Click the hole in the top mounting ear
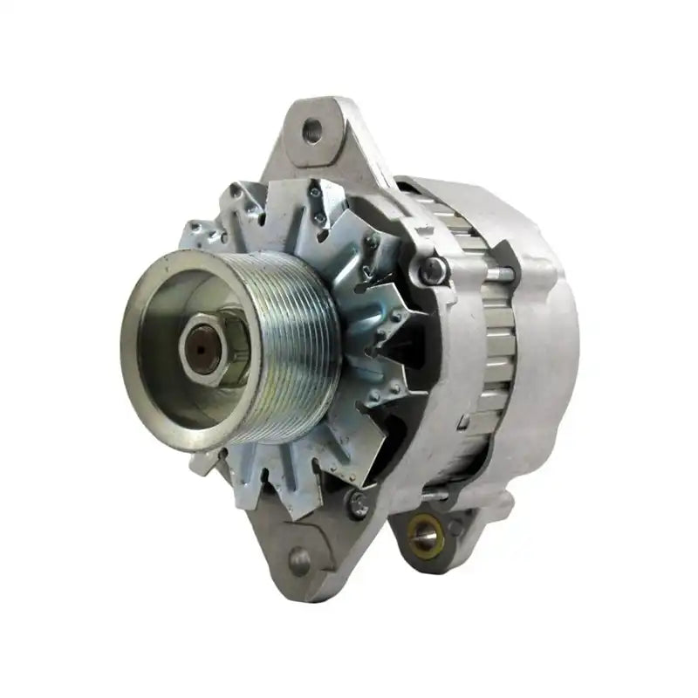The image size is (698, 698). tap(312, 132)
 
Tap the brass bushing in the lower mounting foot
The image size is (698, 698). tap(425, 532)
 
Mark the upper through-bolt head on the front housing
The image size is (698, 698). tap(432, 271)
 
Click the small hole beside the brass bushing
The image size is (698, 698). tap(455, 528)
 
